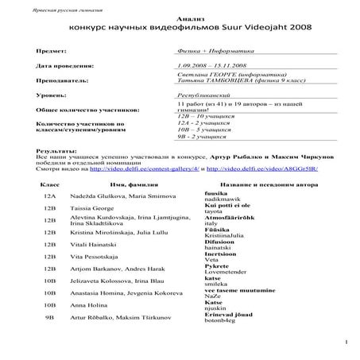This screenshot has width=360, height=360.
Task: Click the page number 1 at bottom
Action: coord(346,343)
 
